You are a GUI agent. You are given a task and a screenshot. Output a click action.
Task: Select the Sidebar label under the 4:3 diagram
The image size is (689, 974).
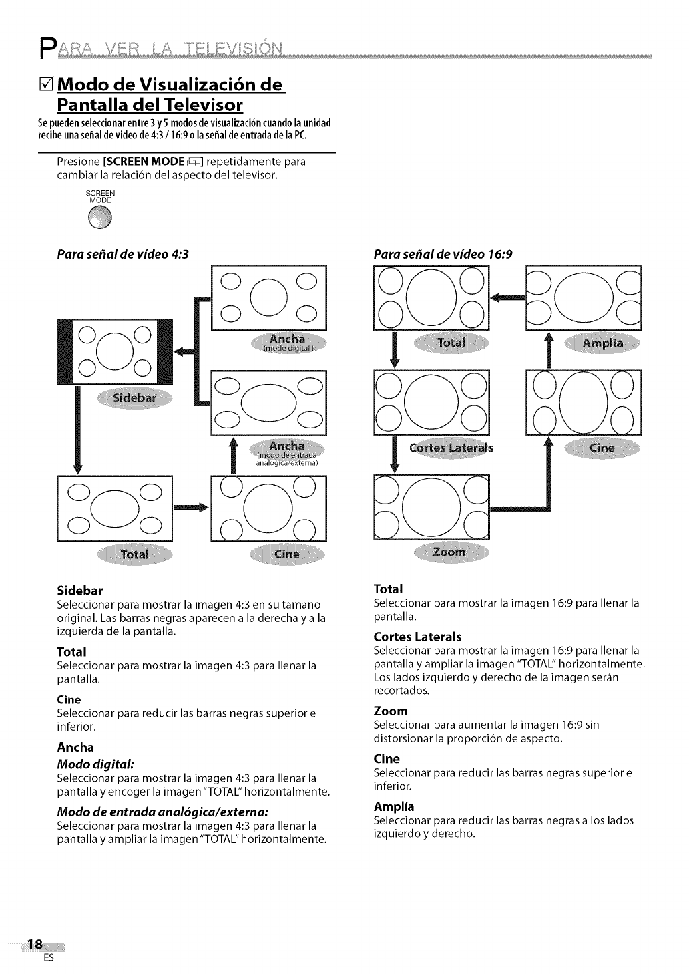coord(134,399)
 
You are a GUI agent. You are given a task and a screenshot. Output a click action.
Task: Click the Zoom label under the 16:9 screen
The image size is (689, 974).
coord(449,552)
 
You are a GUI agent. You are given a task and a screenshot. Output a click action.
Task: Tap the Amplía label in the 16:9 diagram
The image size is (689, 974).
coord(602,343)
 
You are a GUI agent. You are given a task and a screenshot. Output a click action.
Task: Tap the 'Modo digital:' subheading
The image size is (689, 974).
coord(95,764)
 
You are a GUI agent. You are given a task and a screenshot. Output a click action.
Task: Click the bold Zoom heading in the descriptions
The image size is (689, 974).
coord(391,711)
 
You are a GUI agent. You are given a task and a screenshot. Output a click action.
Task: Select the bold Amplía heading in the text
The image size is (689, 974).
coord(394,806)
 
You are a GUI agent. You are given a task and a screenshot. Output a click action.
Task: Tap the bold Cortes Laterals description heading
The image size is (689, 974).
coord(417,637)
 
